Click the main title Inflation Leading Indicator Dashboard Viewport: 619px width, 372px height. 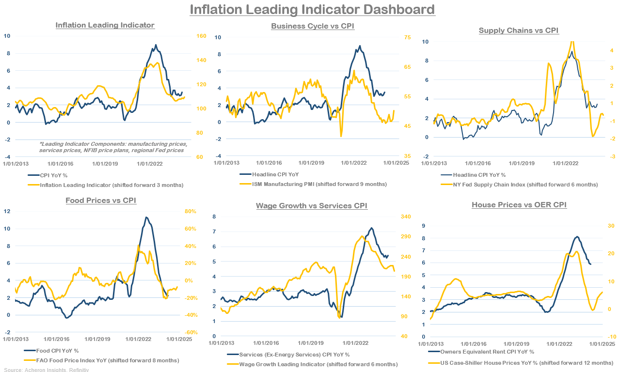click(x=312, y=9)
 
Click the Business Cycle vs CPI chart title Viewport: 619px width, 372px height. click(x=313, y=26)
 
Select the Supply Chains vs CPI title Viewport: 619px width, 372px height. click(x=519, y=30)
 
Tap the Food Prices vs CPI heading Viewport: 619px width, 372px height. click(x=101, y=200)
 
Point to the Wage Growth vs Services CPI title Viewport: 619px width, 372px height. click(x=312, y=206)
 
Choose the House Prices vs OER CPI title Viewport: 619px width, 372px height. click(x=519, y=205)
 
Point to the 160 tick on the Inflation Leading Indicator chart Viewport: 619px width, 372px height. click(x=201, y=36)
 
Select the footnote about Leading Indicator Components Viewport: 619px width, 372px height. click(x=113, y=147)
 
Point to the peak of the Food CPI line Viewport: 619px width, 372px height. click(x=146, y=217)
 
